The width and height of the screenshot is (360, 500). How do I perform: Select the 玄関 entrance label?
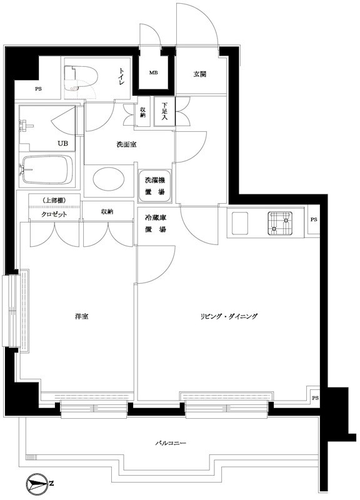pos(199,74)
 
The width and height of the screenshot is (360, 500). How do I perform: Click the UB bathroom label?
pos(63,143)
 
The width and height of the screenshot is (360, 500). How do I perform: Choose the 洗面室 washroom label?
pos(127,144)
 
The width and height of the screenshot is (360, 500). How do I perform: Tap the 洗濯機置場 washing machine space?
pos(152,186)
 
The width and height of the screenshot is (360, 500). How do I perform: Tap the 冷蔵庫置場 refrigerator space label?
pos(155,224)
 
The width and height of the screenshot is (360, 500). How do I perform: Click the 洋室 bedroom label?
pos(81,316)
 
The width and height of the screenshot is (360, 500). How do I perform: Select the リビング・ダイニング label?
pos(229,316)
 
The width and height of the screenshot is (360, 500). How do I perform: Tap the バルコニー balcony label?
pos(170,443)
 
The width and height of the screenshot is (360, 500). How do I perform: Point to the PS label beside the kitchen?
pos(313,220)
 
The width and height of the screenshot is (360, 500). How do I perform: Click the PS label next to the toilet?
pos(39,89)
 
